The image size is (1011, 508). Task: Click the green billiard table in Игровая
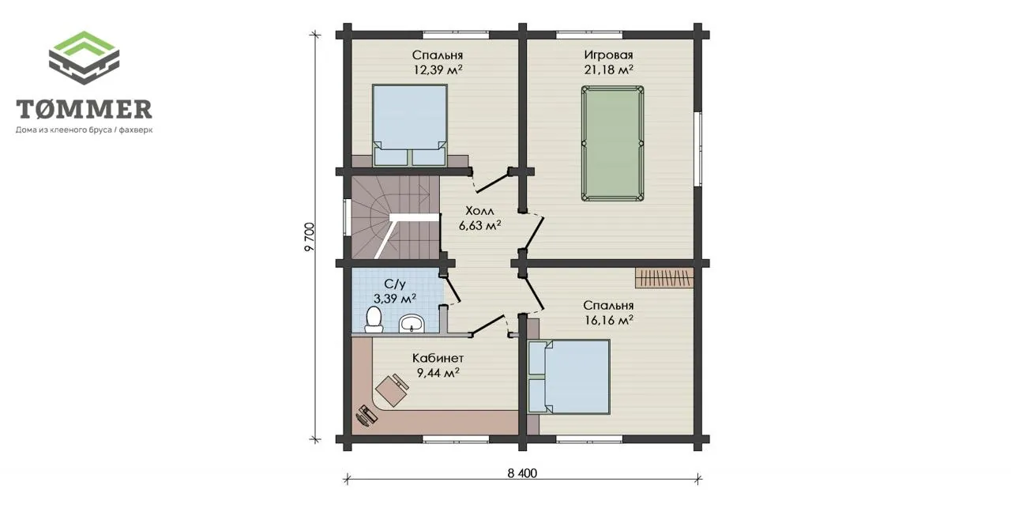(x=612, y=144)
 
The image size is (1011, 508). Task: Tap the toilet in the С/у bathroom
(x=374, y=320)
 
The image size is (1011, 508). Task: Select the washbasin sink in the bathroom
(x=412, y=323)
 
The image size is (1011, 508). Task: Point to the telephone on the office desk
(x=366, y=416)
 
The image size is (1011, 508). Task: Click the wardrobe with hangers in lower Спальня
(x=664, y=278)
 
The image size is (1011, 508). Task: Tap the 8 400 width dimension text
(x=522, y=473)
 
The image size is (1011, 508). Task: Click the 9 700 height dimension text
(x=309, y=237)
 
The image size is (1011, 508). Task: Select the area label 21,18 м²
(x=608, y=70)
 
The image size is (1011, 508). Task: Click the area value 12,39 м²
(x=438, y=70)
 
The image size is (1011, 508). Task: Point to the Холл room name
(x=479, y=211)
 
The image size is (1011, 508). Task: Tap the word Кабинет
(x=438, y=358)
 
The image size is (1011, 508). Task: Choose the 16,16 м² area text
(x=609, y=320)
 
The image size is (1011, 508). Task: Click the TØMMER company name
(x=84, y=109)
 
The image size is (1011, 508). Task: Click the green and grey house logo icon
(x=84, y=58)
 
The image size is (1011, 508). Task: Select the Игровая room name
(x=608, y=55)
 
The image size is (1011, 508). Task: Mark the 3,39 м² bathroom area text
(x=395, y=299)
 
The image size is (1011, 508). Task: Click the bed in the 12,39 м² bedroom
(x=410, y=125)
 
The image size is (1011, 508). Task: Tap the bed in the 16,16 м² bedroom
(x=569, y=377)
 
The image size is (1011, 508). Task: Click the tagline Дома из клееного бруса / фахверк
(x=85, y=130)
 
